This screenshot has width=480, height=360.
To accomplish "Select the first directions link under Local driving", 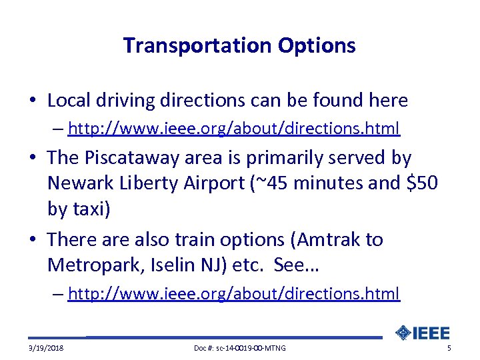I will tap(234, 127).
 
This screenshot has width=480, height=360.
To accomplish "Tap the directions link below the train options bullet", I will tap(234, 293).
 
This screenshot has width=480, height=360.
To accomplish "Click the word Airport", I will tap(218, 183).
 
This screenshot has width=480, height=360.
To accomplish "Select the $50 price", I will tap(421, 183).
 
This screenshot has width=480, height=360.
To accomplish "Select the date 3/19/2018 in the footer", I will tap(47, 349).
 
